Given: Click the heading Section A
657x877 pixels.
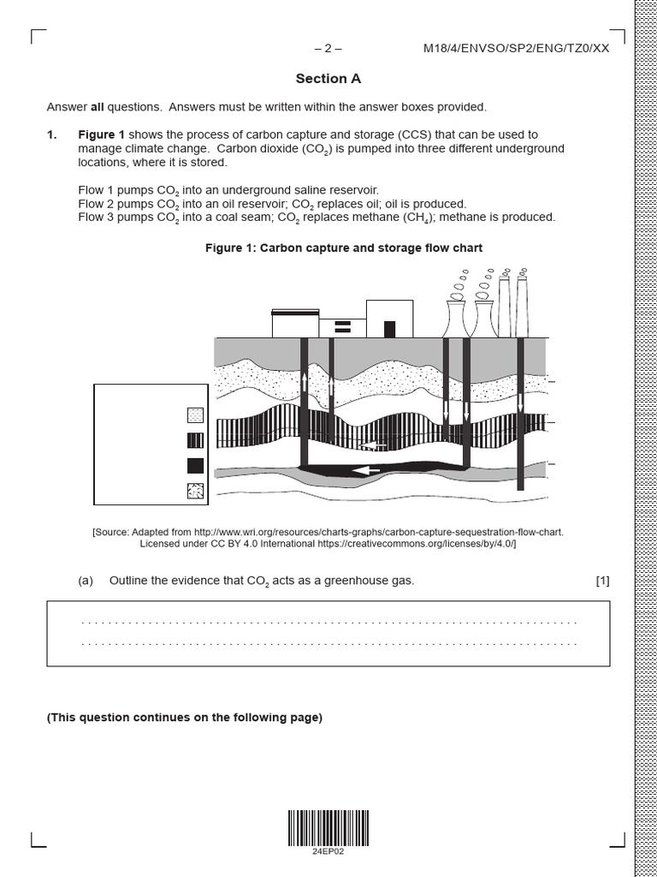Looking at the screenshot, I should pos(328,79).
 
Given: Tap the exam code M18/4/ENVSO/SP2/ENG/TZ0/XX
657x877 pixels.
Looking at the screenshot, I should pos(516,48).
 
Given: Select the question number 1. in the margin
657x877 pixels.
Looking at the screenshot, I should pos(52,134).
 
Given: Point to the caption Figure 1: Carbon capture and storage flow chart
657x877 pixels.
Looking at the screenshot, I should pos(344,248).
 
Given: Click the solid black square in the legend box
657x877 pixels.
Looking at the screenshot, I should pos(195,466).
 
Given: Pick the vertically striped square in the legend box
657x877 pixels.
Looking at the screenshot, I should pos(195,440).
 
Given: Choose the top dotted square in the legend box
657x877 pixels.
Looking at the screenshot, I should pos(195,415).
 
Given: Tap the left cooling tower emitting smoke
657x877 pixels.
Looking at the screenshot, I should pos(455,319).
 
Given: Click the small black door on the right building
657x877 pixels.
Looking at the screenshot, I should pos(390,329).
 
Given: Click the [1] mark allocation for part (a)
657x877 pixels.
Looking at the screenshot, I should pos(602,581).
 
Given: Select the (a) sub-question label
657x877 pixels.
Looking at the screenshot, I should pos(85,581).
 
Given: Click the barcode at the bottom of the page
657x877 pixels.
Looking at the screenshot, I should pos(328,826).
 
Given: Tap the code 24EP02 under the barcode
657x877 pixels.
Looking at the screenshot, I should pos(328,851).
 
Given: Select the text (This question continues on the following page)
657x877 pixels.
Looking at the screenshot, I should pos(185,718).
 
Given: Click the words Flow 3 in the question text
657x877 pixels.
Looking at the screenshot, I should pos(95,217).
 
